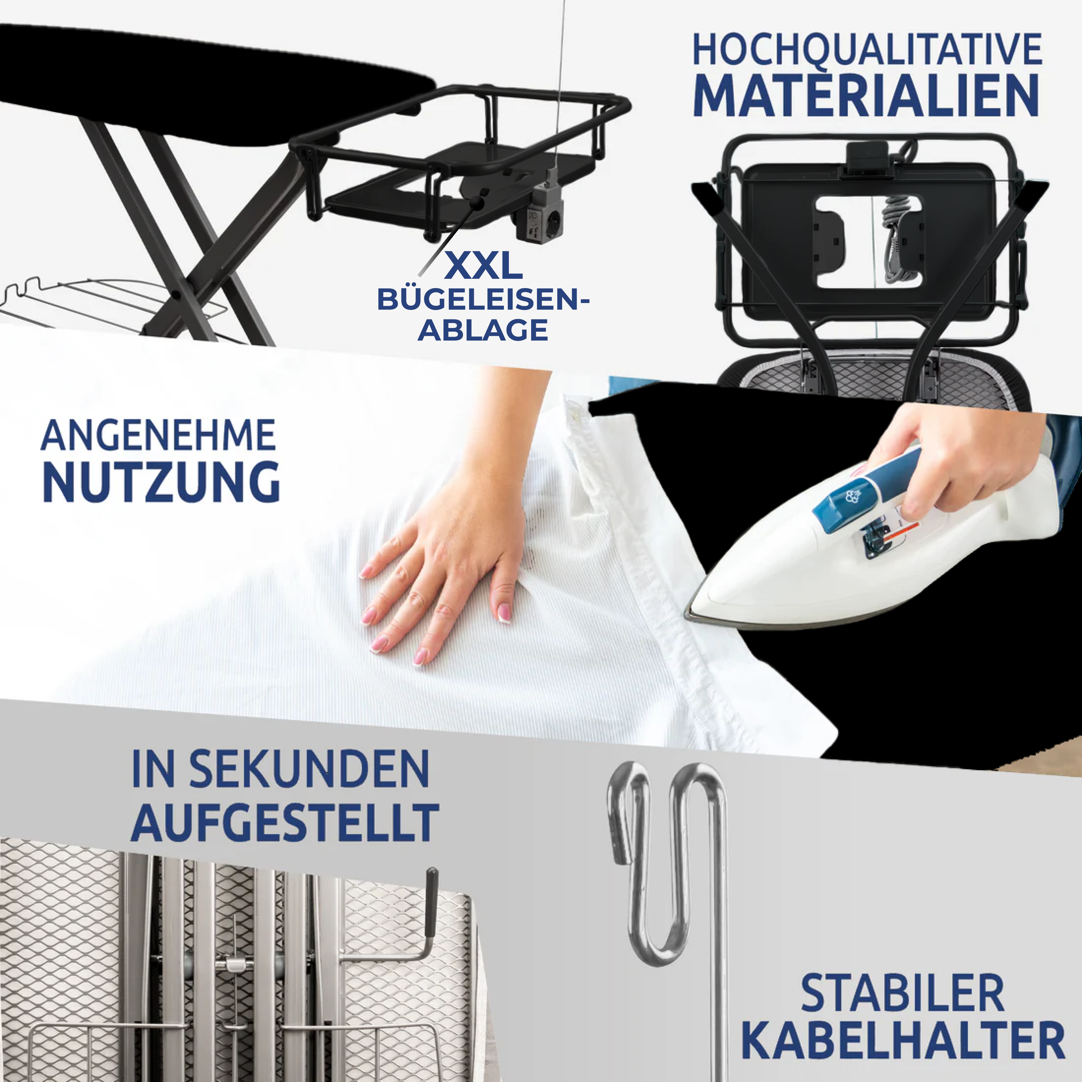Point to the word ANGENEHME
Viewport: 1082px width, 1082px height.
pyautogui.click(x=158, y=435)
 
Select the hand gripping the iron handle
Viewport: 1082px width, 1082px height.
pyautogui.click(x=952, y=459)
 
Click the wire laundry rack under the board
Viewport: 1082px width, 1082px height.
pyautogui.click(x=112, y=308)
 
